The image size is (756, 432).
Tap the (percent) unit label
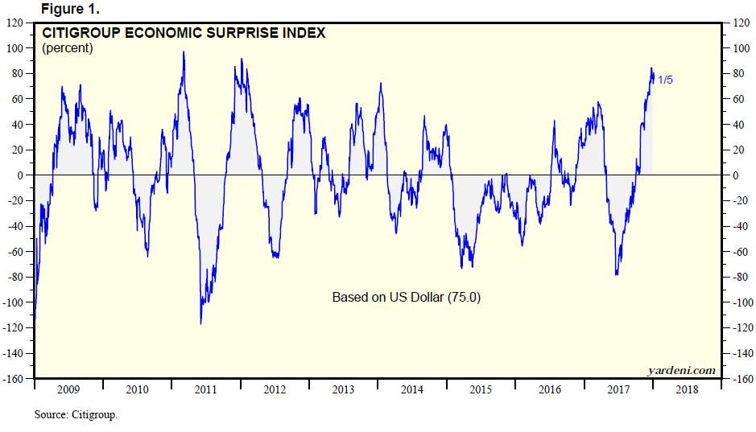(x=67, y=48)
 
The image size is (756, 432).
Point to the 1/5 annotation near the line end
(x=666, y=80)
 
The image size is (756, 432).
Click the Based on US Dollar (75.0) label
(x=406, y=297)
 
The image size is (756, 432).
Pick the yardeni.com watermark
(x=681, y=370)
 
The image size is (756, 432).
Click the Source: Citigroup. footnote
(x=76, y=415)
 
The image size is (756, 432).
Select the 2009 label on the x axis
(x=68, y=389)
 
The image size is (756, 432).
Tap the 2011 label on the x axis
(x=206, y=389)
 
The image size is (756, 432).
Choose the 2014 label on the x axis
(x=412, y=389)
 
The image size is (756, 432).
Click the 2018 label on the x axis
(x=687, y=389)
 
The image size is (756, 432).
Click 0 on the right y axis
(x=733, y=175)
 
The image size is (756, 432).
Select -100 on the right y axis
(x=739, y=302)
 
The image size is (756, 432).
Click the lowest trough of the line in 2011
(x=200, y=323)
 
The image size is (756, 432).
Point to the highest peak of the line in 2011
(x=184, y=52)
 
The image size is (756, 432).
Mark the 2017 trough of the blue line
(x=617, y=274)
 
